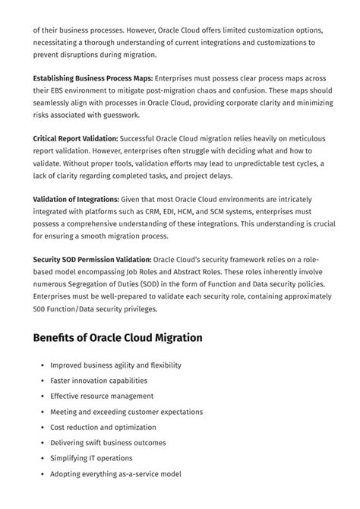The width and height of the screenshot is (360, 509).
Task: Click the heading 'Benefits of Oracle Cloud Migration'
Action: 118,337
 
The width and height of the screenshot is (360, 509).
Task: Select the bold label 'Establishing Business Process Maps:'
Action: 93,78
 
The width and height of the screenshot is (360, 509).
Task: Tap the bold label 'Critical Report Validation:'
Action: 75,138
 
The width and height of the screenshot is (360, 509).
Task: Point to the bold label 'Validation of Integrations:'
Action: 76,199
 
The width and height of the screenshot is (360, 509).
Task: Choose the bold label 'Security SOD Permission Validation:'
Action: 92,259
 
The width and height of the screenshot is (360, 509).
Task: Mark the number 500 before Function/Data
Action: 40,308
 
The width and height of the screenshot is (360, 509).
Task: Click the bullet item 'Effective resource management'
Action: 102,396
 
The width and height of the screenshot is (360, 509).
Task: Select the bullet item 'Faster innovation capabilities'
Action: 99,381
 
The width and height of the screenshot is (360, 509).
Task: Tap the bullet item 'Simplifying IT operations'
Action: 91,458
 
